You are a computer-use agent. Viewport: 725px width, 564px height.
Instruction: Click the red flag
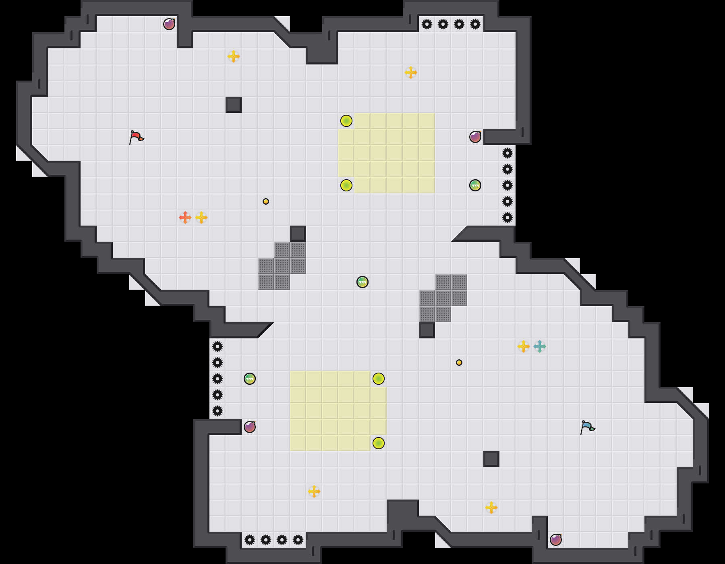point(136,137)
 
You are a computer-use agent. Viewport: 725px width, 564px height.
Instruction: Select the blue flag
point(587,427)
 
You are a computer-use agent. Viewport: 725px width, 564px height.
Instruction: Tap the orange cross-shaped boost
point(185,218)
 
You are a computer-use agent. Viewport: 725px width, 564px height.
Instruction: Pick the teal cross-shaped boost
point(540,346)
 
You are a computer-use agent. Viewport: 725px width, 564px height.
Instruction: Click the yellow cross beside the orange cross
point(201,218)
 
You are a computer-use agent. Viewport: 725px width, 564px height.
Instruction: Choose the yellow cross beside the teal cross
point(524,346)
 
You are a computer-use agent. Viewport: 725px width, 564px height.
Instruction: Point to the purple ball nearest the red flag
point(169,24)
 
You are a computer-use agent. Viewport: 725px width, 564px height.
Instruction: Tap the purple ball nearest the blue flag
point(556,540)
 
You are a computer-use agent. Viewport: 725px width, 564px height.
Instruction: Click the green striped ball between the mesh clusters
point(362,282)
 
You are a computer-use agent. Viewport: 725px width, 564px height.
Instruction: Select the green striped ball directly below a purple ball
point(475,185)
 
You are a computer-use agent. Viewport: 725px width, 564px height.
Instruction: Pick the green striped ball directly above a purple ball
point(250,379)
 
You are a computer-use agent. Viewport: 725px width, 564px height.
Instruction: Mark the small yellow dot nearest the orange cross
point(266,201)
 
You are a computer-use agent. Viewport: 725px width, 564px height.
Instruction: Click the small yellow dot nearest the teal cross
point(459,363)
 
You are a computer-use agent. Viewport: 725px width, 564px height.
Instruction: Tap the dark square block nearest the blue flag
point(491,459)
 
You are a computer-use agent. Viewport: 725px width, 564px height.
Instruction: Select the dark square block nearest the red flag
point(234,105)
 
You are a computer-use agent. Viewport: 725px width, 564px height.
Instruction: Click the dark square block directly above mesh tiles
point(298,234)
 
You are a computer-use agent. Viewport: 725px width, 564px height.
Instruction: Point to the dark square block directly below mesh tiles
point(427,330)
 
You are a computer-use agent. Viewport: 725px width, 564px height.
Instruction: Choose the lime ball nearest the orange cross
point(346,185)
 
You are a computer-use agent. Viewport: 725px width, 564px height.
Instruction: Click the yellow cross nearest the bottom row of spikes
point(314,491)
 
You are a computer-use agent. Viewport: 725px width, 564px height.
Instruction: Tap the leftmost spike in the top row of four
point(427,24)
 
